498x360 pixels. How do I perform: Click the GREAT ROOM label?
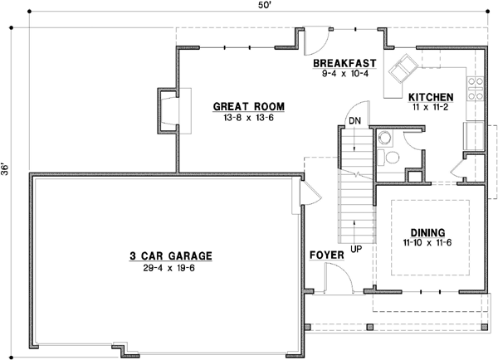click(x=249, y=106)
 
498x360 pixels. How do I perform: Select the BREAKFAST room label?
click(x=345, y=63)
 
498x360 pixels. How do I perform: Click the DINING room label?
click(x=428, y=232)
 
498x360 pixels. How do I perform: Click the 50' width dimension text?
click(x=262, y=7)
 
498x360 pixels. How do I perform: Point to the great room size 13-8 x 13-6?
click(x=248, y=118)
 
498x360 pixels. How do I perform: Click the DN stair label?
click(x=354, y=120)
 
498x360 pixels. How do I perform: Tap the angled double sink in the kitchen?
click(x=405, y=66)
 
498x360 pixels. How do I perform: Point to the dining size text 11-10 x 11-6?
click(x=428, y=244)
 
